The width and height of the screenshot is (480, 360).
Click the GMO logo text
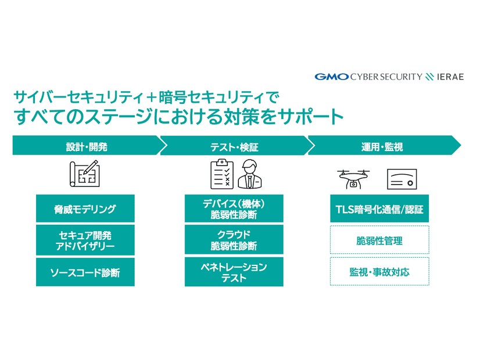(x=331, y=77)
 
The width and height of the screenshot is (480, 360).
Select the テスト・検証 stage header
(x=234, y=146)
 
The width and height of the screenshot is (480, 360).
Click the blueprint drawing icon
(x=85, y=174)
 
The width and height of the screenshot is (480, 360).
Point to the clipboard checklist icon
(x=222, y=174)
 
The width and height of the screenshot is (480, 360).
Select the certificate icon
(x=402, y=181)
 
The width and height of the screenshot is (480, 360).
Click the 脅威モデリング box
(x=85, y=209)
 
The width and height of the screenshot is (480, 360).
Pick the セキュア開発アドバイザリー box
(x=85, y=240)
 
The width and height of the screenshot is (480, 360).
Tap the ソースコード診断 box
(x=85, y=272)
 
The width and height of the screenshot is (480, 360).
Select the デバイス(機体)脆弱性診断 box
(x=234, y=209)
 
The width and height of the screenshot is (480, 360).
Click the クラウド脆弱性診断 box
(x=234, y=240)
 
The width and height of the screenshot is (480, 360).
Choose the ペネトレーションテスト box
(x=234, y=272)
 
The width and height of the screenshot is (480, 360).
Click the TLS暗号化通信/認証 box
(x=379, y=209)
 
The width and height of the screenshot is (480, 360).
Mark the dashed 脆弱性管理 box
(x=379, y=240)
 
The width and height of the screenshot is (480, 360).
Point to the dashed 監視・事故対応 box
(x=379, y=272)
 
